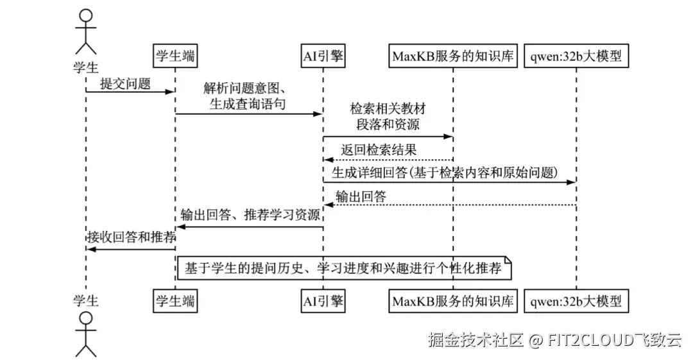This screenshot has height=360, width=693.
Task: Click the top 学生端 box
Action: (x=175, y=56)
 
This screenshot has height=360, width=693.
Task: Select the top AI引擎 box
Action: (x=323, y=56)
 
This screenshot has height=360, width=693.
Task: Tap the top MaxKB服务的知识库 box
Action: (x=453, y=56)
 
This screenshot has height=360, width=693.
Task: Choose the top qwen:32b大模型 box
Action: (x=576, y=56)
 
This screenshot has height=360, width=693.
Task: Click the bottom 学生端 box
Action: (x=175, y=301)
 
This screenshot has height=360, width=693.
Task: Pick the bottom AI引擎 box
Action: (x=323, y=301)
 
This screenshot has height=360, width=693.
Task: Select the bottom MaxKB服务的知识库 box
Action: (x=453, y=301)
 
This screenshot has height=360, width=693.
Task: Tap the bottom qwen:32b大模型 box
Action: (x=576, y=301)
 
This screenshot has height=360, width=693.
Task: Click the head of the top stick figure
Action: (x=86, y=15)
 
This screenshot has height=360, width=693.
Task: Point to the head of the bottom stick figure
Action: (x=86, y=318)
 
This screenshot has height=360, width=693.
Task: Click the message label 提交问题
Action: (x=126, y=83)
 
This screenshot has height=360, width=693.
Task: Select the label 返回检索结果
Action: (x=379, y=150)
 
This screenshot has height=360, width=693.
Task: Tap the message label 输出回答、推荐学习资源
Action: (x=251, y=215)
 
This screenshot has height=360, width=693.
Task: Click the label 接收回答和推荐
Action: (x=132, y=237)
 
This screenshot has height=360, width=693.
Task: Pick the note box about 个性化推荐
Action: (x=344, y=268)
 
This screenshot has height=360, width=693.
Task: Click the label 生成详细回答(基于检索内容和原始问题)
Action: (x=445, y=173)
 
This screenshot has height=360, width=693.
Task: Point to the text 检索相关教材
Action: (x=388, y=108)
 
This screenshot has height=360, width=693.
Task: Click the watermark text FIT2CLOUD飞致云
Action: (x=614, y=339)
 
